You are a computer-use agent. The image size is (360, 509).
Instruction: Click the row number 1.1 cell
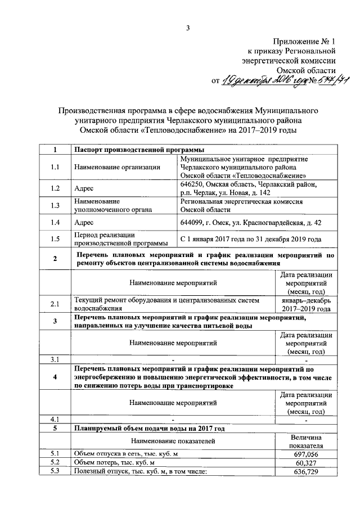coord(55,167)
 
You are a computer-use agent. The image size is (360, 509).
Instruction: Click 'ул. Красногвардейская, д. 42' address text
coord(274,223)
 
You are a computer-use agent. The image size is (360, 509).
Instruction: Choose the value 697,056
coord(306,453)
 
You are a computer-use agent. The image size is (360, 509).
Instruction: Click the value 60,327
coord(306,462)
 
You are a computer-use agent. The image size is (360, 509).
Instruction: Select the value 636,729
coord(306,471)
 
